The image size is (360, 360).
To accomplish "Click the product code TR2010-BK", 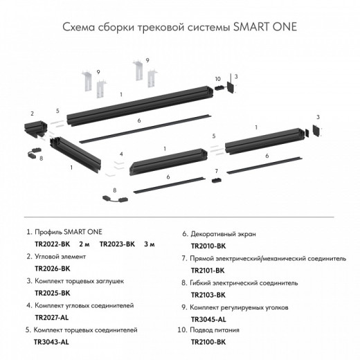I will coord(208,246).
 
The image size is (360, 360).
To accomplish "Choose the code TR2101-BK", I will coord(208,271).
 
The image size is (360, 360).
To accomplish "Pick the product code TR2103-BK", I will coord(208,295).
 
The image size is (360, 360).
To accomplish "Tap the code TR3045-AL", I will coord(208,319).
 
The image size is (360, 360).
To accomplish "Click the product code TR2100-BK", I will coord(208,342).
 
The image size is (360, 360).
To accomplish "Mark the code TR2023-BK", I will coord(118,245).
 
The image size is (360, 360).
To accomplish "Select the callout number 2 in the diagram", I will coord(32,111).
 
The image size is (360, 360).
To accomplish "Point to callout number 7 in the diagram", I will coord(216,170).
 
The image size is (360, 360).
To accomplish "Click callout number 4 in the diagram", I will coord(120,154).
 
